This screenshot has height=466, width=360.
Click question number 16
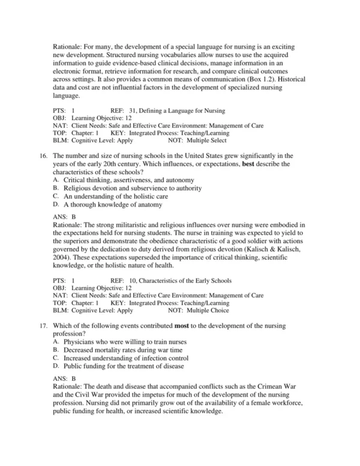tap(43, 156)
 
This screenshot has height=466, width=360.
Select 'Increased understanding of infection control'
tap(126, 358)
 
